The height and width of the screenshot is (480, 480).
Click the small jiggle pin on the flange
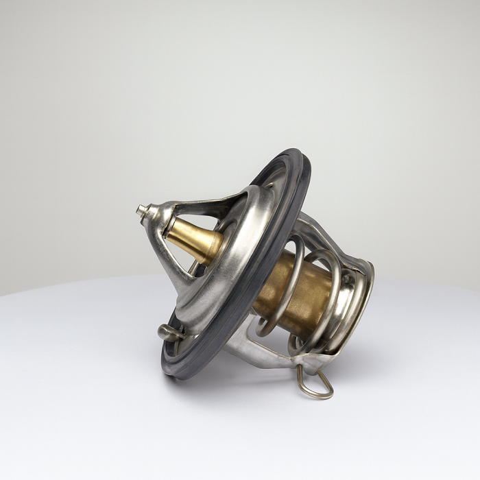tap(169, 333)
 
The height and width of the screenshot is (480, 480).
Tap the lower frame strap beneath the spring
tap(267, 353)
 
